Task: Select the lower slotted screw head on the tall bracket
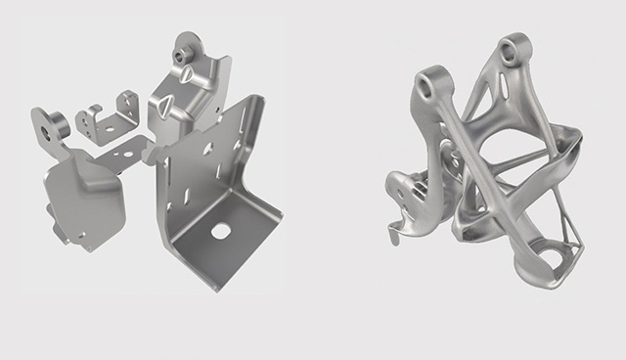[x=165, y=106]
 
